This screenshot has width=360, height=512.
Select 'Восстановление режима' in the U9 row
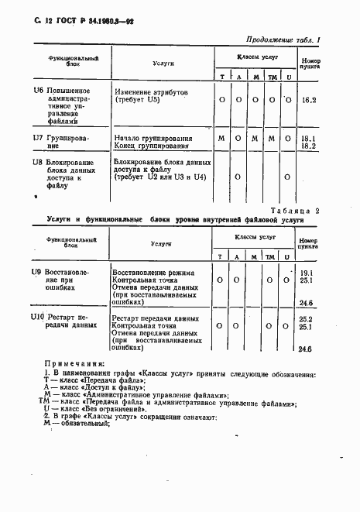(153, 273)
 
